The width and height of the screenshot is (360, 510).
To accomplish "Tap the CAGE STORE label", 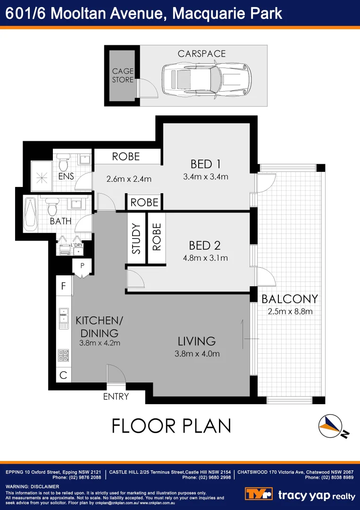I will (x=123, y=76).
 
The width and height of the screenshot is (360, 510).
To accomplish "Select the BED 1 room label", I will (x=205, y=164).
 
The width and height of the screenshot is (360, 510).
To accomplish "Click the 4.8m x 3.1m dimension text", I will (x=205, y=258).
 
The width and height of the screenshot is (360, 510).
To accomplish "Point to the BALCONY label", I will (x=289, y=299).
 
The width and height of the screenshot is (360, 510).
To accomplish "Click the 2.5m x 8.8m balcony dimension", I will (x=289, y=311).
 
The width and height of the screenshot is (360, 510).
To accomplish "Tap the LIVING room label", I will (x=196, y=341).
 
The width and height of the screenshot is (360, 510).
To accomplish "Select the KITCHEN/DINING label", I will (x=99, y=326).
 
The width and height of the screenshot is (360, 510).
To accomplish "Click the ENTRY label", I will (x=116, y=397).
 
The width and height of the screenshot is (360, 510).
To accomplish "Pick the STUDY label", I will (x=136, y=239).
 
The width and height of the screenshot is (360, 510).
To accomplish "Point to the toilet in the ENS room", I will (x=63, y=164).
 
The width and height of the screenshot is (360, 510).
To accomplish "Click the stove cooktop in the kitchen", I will (x=63, y=355).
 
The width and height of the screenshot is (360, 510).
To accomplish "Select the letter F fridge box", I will (x=64, y=286).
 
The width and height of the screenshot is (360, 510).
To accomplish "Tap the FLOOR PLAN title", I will (x=171, y=426).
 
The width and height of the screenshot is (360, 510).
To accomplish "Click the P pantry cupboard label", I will (x=82, y=266).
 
